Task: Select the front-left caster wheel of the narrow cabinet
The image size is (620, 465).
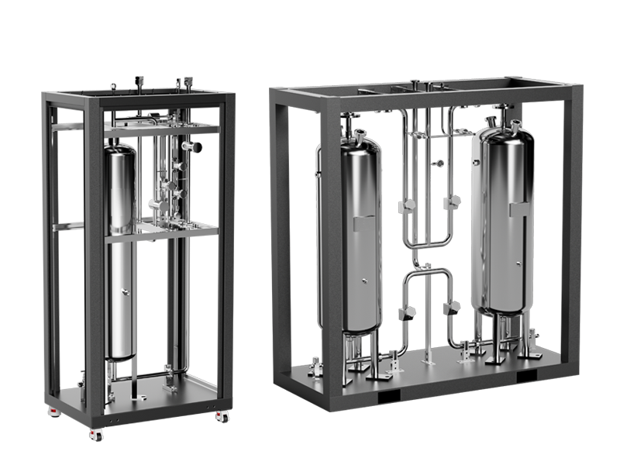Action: point(96,433)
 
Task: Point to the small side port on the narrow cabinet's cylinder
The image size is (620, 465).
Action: point(123,292)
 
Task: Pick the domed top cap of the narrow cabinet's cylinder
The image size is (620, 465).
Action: point(120,146)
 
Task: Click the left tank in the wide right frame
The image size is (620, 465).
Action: point(360,232)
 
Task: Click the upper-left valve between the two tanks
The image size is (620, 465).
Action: point(408,205)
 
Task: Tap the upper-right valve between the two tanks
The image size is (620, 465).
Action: point(454,201)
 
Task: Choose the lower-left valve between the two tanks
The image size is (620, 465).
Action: point(408,312)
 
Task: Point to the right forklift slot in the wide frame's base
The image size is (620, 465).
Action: point(527,375)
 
